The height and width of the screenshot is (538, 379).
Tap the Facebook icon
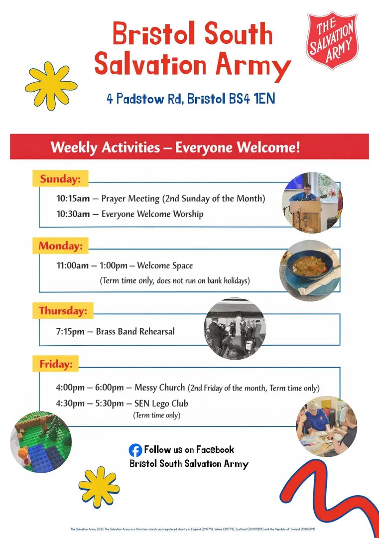pyautogui.click(x=135, y=450)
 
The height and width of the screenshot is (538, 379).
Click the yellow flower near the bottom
pyautogui.click(x=99, y=487)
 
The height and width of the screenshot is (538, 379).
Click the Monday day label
pyautogui.click(x=60, y=246)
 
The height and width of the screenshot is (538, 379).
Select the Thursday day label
pyautogui.click(x=63, y=311)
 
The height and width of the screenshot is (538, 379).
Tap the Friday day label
pyautogui.click(x=56, y=364)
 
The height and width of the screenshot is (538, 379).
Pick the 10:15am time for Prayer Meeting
pyautogui.click(x=73, y=199)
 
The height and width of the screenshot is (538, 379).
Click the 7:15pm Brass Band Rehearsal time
pyautogui.click(x=70, y=331)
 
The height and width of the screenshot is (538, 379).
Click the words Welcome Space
pyautogui.click(x=165, y=266)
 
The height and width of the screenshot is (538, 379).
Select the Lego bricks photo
pyautogui.click(x=41, y=441)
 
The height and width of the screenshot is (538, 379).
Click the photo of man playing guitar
pyautogui.click(x=312, y=202)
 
